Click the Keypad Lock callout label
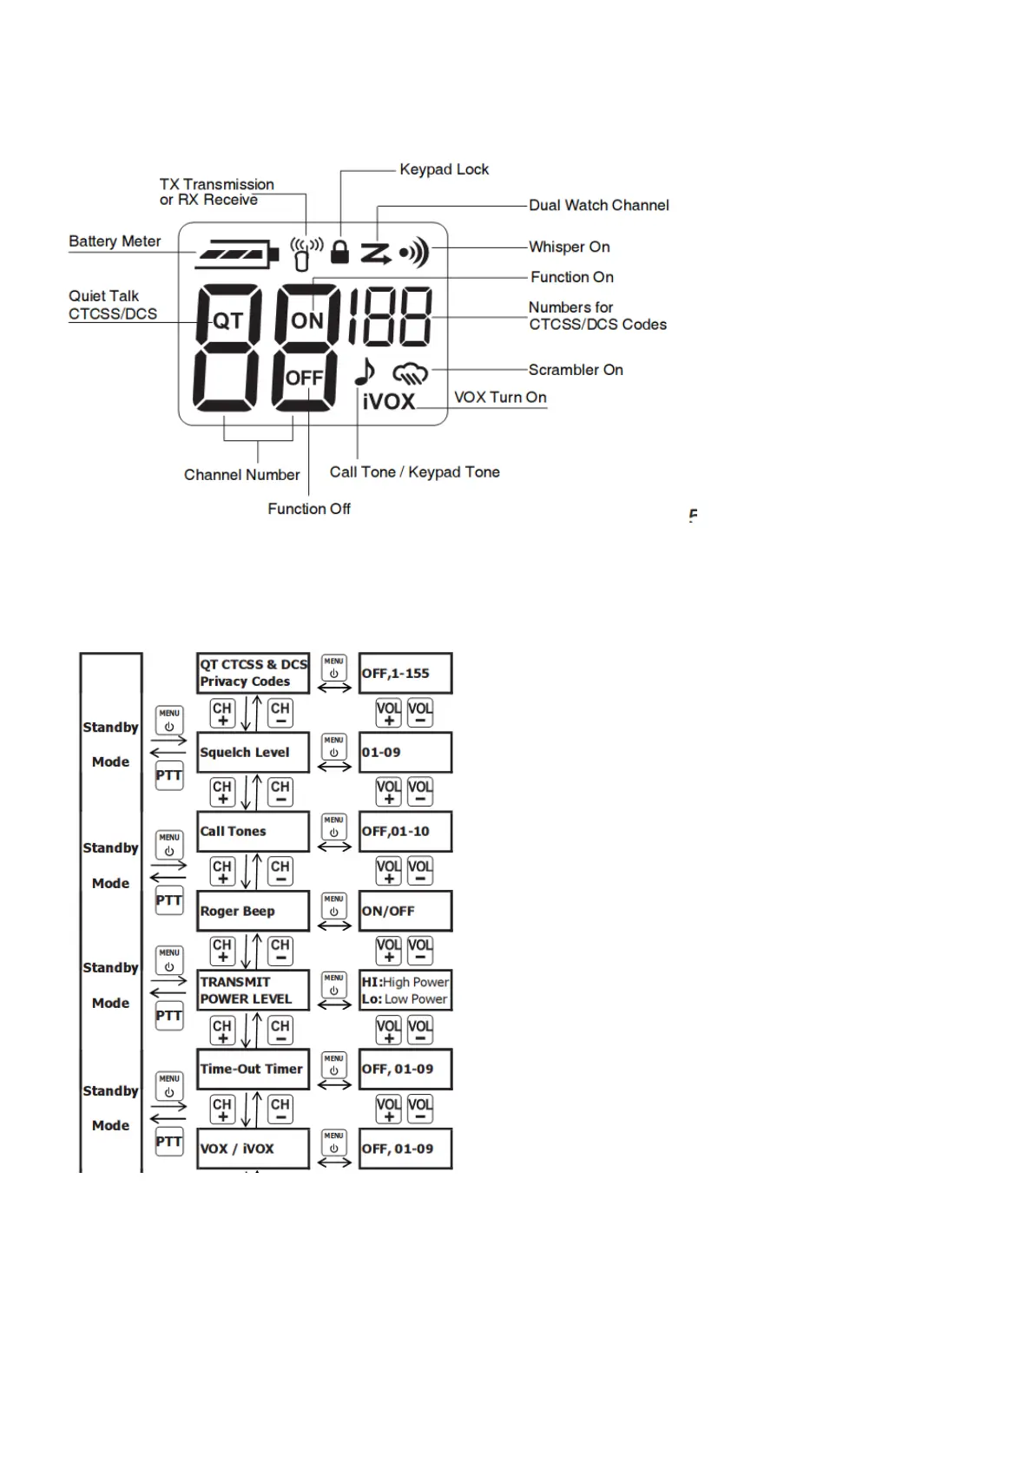click(444, 169)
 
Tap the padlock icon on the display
click(340, 252)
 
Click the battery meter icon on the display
click(237, 254)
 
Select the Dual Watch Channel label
click(598, 206)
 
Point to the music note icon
click(365, 372)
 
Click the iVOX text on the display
click(388, 402)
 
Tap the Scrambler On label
click(575, 370)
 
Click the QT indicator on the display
click(227, 321)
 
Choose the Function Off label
click(308, 509)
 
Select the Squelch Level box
click(253, 753)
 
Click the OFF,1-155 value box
click(405, 674)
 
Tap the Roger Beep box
click(253, 912)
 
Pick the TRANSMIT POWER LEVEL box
click(253, 991)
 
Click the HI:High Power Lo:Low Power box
click(405, 991)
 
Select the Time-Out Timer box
click(253, 1070)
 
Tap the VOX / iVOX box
click(253, 1149)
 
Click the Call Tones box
click(253, 832)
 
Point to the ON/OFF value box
click(405, 912)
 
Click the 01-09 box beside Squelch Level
click(405, 753)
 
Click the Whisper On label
click(569, 247)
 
